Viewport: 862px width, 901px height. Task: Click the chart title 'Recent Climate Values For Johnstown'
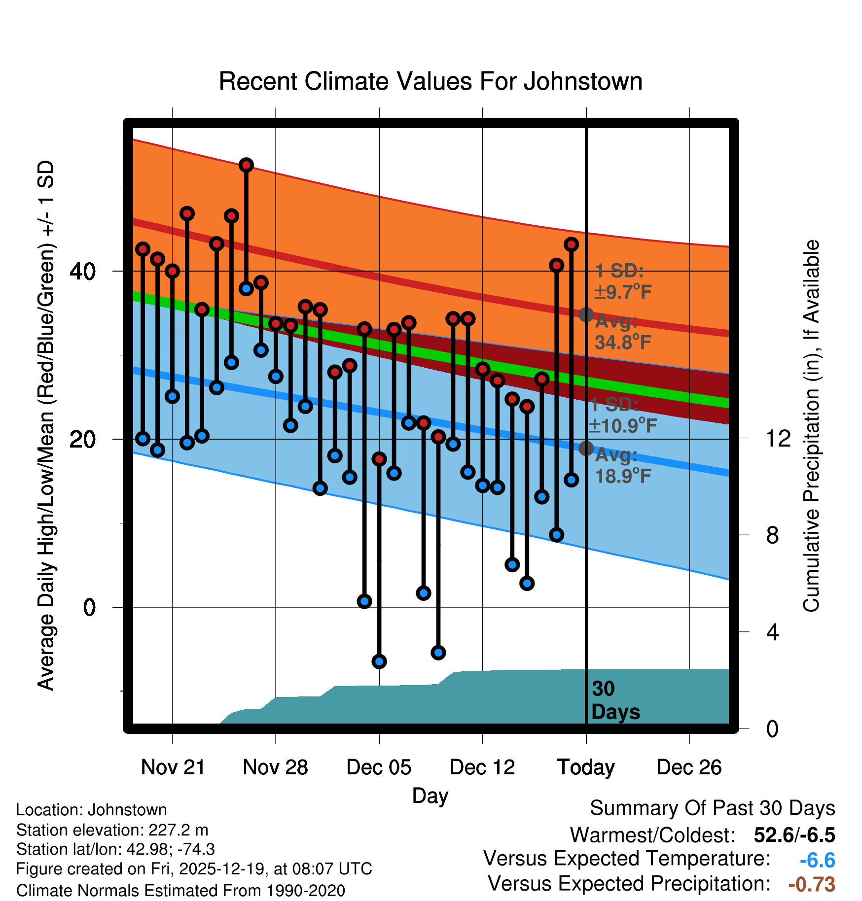point(431,81)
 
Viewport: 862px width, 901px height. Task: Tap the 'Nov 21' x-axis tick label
point(173,767)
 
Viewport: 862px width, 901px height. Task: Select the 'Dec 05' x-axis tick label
point(379,767)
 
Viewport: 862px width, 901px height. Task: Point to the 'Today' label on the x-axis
point(586,767)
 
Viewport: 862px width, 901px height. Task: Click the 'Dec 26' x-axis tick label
point(689,767)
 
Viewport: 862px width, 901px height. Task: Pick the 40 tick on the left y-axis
point(83,271)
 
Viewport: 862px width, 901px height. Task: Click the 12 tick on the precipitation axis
point(778,438)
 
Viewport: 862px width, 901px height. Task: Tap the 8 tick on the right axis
point(772,535)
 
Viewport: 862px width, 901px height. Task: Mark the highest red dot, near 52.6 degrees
point(246,165)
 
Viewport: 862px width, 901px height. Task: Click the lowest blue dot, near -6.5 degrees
point(379,661)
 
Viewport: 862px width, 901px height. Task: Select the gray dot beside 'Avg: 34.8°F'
point(586,314)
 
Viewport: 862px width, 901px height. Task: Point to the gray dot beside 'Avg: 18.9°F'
point(586,448)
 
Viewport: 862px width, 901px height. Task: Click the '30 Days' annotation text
point(615,700)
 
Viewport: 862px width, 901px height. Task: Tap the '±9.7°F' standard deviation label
point(623,292)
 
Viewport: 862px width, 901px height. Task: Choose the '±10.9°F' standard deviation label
point(623,425)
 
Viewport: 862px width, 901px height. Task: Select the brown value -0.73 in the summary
point(812,885)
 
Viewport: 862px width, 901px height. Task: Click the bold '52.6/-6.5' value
point(794,835)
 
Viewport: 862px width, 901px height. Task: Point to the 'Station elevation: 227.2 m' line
point(112,830)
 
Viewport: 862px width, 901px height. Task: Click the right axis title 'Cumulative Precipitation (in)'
point(811,426)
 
